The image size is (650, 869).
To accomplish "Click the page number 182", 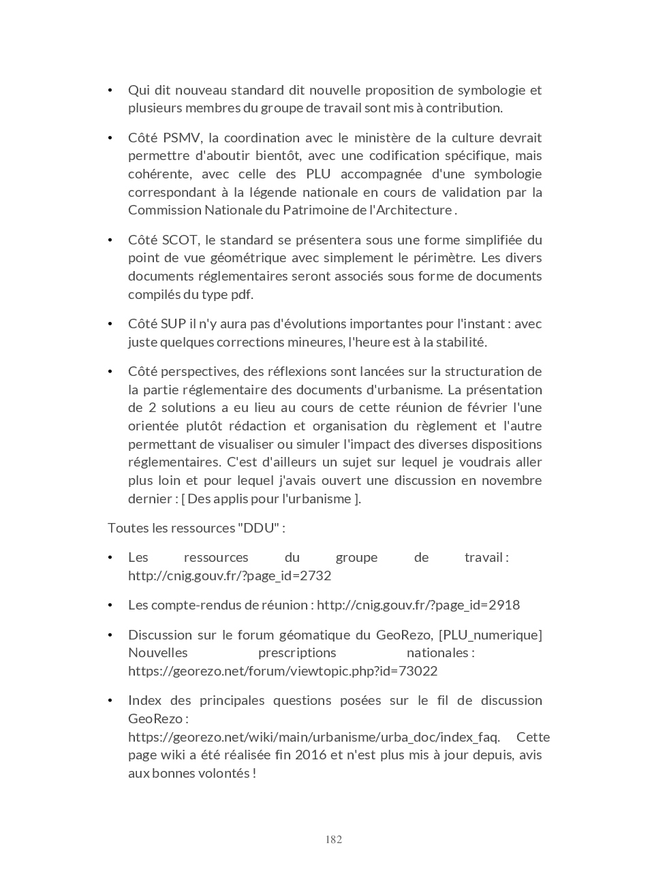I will [333, 839].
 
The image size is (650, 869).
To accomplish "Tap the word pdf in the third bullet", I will [241, 294].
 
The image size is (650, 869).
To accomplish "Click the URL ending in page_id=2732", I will [230, 575].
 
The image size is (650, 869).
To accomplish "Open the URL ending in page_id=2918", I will [418, 605].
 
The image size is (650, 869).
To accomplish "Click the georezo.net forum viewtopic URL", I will [283, 671].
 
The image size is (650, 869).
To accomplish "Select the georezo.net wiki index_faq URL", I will [313, 737].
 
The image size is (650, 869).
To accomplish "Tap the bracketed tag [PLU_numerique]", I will [491, 635].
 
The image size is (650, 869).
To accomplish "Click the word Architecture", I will [410, 210].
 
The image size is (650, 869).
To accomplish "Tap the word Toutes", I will [126, 528].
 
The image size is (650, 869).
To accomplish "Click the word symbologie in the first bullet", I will [491, 90].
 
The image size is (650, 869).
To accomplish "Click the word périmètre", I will [450, 257].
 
